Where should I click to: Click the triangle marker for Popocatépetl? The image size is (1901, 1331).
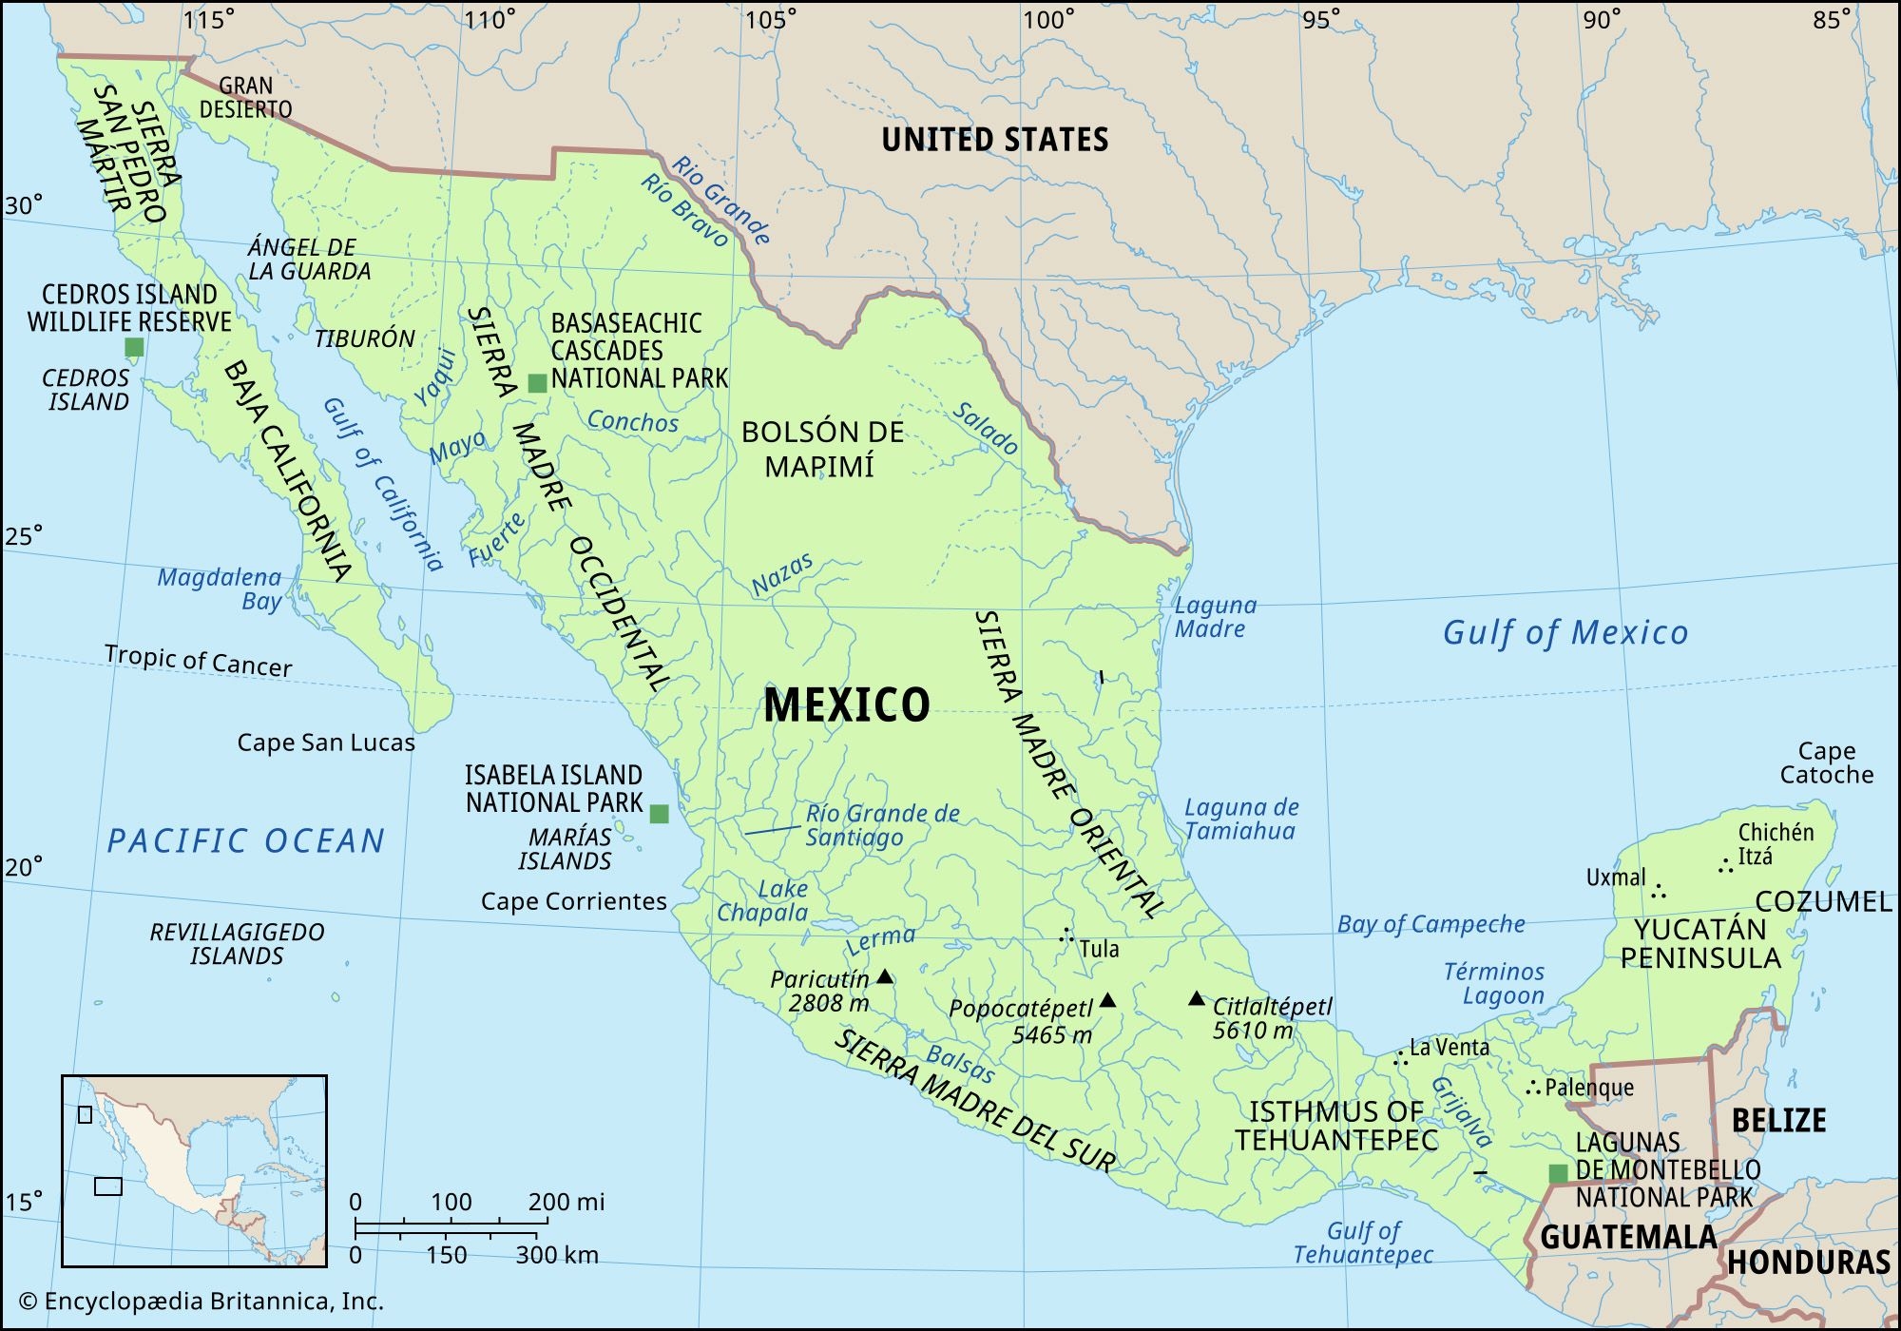[1107, 1000]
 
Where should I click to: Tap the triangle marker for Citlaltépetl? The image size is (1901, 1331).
[1197, 998]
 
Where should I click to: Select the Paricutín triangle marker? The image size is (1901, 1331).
[885, 976]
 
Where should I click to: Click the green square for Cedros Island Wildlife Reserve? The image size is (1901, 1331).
[134, 347]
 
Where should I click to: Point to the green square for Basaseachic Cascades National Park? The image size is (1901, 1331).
[537, 383]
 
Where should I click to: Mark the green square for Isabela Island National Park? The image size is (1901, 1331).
[659, 814]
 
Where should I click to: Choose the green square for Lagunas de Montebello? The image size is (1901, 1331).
[1558, 1173]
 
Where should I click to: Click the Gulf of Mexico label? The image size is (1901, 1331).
[1565, 632]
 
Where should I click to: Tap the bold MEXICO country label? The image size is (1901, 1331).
[846, 705]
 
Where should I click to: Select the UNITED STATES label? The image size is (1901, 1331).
[994, 140]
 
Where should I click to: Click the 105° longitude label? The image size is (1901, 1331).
[771, 20]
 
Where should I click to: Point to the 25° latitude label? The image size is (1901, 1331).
[24, 536]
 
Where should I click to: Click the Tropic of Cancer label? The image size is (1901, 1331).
[198, 660]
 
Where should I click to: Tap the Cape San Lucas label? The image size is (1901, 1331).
[326, 743]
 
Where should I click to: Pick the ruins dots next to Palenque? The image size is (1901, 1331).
[1532, 1088]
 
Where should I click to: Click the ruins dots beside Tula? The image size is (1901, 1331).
[1066, 936]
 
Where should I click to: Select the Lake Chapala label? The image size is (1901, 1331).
[763, 900]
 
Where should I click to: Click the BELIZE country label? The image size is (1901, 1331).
[1778, 1120]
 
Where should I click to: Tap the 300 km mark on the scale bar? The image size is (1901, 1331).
[556, 1255]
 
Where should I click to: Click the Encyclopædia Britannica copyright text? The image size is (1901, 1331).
[202, 1302]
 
